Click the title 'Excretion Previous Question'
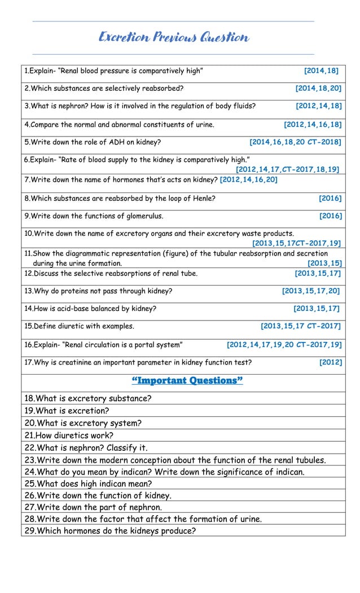[173, 38]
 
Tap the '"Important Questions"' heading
[187, 381]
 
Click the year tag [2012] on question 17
[331, 362]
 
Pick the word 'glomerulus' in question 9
[143, 216]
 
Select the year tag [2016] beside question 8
[330, 198]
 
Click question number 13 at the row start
[29, 291]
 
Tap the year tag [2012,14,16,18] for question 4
[313, 125]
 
